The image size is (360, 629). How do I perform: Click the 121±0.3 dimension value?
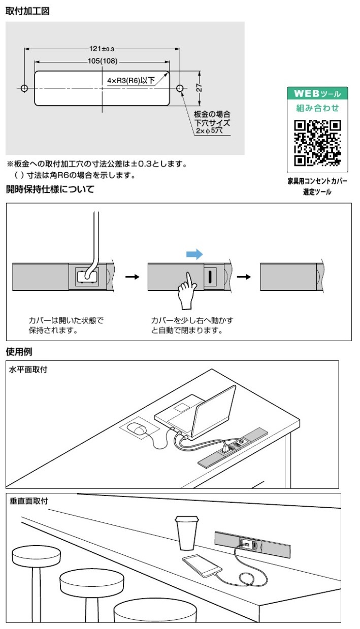point(102,49)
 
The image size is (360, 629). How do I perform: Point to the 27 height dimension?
point(200,88)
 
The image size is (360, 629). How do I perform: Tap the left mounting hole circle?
point(24,88)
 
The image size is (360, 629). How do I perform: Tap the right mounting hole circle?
point(180,88)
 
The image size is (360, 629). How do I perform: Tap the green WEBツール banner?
point(317,93)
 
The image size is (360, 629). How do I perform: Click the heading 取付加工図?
point(27,11)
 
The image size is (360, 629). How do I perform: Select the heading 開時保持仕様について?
point(50,190)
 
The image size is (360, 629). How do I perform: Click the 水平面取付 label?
point(28,370)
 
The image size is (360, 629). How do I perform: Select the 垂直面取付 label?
point(28,501)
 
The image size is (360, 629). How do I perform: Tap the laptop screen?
point(216,411)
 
